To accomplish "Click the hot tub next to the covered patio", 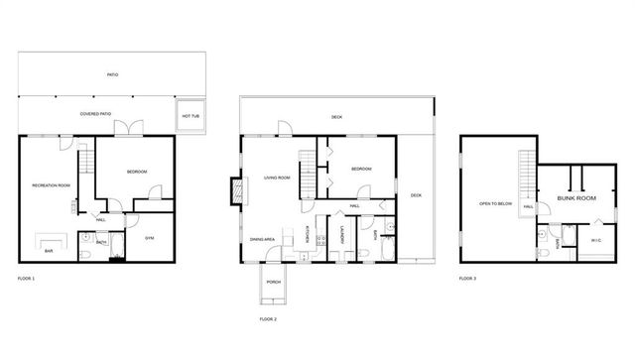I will (190, 115).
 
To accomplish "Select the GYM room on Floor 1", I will (150, 239).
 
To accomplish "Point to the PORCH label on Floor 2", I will (273, 283).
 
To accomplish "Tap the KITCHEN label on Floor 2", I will (309, 236).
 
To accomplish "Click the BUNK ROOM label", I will (576, 199).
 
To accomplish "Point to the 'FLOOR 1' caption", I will (27, 279).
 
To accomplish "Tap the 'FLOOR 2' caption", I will (268, 319).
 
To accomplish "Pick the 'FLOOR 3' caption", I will (467, 279).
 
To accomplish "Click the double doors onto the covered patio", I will (127, 129).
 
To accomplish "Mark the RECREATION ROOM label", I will (51, 185).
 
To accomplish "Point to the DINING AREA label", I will (262, 239).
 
